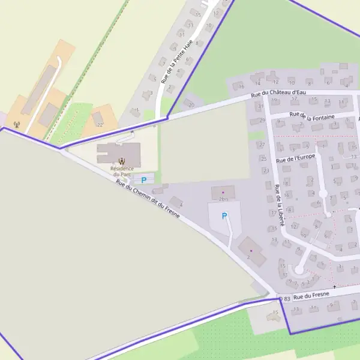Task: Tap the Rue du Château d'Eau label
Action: coord(274,93)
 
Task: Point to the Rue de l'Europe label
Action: coord(296,158)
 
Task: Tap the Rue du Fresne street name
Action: coord(312,295)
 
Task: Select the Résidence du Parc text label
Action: coord(122,172)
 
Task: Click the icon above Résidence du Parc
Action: coord(122,161)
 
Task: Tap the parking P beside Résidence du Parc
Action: coord(144,179)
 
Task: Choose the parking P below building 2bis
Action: coord(224,216)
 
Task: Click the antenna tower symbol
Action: coord(17,125)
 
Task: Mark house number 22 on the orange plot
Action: coord(99,124)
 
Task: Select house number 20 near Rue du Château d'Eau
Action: coord(191,104)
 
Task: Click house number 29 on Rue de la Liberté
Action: coord(262,121)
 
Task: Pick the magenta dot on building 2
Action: coord(251,250)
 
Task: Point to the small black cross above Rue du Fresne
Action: coord(335,287)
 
